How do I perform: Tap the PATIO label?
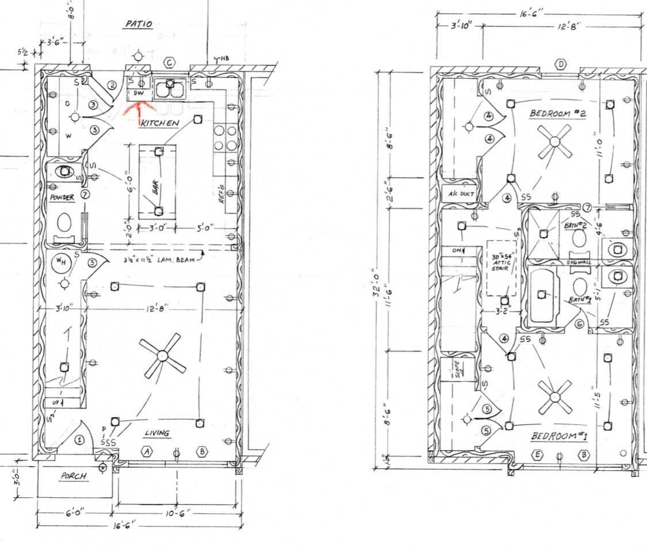(x=138, y=24)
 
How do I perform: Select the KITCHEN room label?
(x=160, y=123)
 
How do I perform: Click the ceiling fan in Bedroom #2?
(x=554, y=141)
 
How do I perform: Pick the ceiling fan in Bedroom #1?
(x=556, y=397)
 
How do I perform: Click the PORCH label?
(x=73, y=476)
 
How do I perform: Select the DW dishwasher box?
(x=139, y=93)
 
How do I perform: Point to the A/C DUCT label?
(x=460, y=193)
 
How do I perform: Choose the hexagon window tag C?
(x=170, y=62)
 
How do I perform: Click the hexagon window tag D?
(x=561, y=64)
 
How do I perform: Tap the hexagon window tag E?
(x=538, y=454)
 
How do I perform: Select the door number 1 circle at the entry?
(x=80, y=440)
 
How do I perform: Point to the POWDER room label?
(x=62, y=197)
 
